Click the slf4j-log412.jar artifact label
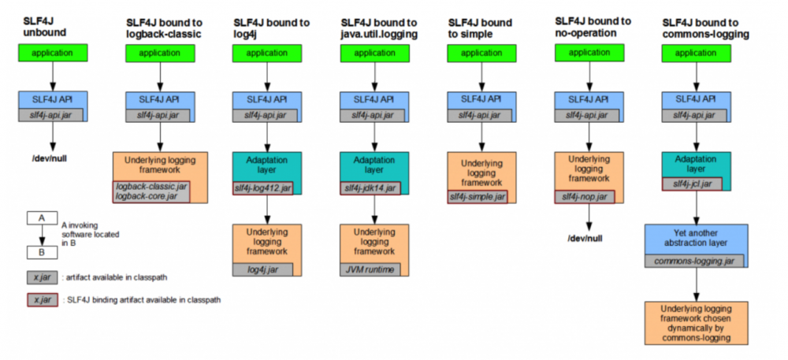[263, 189]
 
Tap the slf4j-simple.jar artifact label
[478, 196]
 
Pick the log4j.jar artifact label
[263, 269]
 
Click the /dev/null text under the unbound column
[51, 158]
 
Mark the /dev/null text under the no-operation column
[583, 236]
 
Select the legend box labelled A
[42, 217]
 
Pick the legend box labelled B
[42, 254]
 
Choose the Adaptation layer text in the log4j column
[263, 163]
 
